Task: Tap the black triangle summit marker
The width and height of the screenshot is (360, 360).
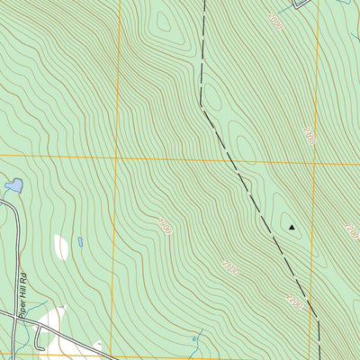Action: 292,228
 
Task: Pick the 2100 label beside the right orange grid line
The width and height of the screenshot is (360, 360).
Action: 309,135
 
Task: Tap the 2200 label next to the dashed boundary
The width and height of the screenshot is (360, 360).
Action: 274,22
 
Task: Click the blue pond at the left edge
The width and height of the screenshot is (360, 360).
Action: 13,185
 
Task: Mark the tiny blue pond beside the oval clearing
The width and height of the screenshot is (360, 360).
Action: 79,241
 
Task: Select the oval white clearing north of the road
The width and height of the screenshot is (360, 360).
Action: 61,246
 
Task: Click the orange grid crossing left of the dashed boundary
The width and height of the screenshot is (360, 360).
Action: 116,157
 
